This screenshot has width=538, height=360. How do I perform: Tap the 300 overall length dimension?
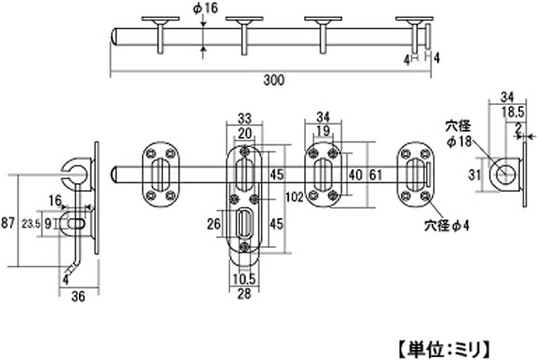(273, 80)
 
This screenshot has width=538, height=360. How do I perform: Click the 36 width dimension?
(78, 297)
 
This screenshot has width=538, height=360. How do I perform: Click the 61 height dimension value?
(376, 174)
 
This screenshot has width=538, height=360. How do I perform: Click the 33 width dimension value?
(244, 118)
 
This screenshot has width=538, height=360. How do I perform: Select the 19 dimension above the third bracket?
(323, 131)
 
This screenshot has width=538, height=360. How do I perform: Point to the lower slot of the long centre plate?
(244, 224)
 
